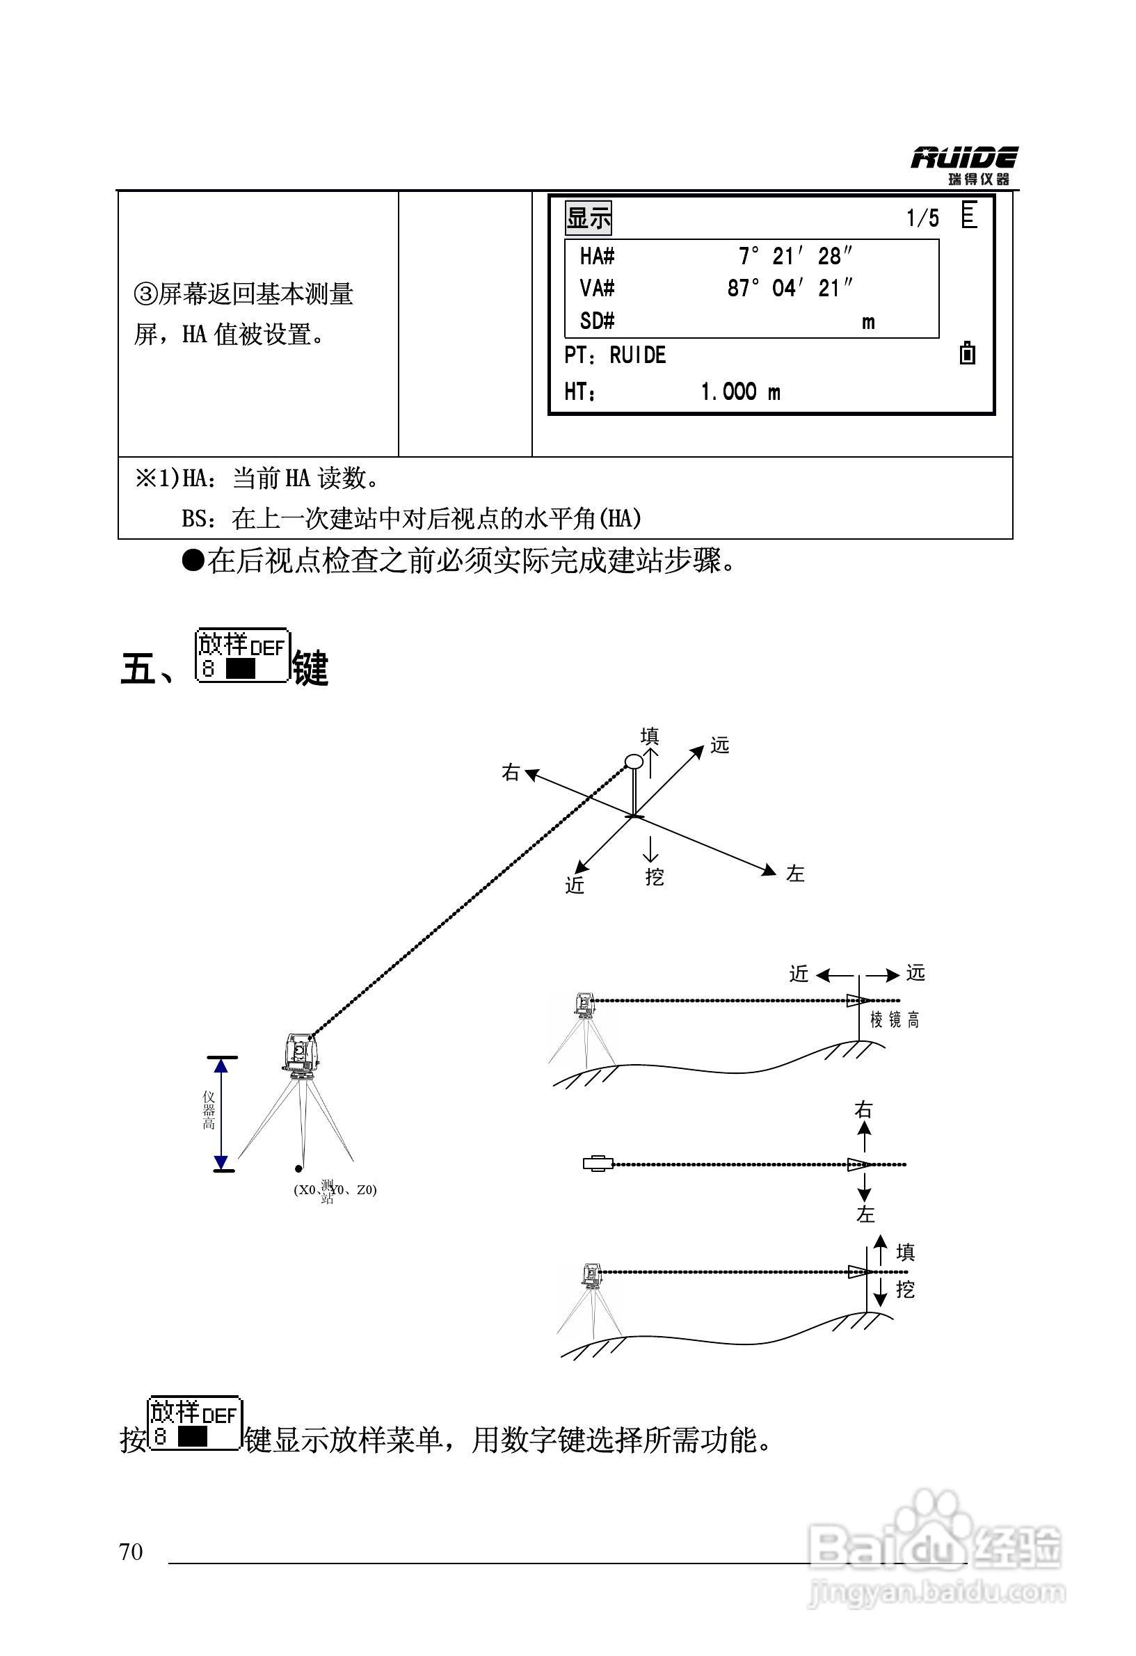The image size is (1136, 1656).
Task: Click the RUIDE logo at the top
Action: click(x=963, y=165)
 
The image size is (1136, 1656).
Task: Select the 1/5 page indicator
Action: click(x=922, y=218)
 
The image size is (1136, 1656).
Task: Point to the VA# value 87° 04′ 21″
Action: click(x=790, y=289)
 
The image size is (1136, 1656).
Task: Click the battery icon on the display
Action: click(x=967, y=353)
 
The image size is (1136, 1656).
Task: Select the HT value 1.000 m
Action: click(x=740, y=392)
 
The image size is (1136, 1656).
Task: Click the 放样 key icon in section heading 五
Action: click(x=241, y=657)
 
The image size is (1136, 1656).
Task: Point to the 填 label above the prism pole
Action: click(x=649, y=735)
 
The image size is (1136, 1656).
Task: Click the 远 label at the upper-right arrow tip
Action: click(x=720, y=746)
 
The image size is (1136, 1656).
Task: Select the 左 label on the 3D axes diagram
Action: click(x=794, y=874)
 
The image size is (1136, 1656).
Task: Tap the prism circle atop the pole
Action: click(x=634, y=761)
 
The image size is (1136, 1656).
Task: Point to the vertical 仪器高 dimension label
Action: click(x=209, y=1111)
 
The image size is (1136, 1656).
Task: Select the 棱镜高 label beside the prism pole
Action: click(x=895, y=1020)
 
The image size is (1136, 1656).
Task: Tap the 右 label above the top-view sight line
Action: click(x=863, y=1109)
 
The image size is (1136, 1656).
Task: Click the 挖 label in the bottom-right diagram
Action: click(x=905, y=1289)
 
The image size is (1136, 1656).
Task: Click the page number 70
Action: click(x=131, y=1552)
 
